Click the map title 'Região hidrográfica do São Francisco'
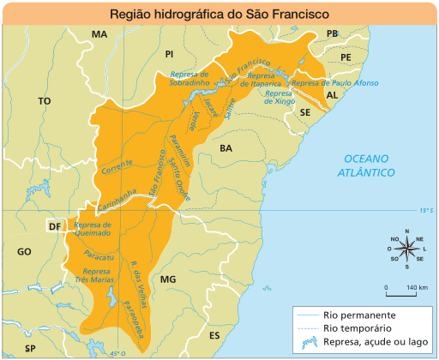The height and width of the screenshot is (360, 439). click(219, 15)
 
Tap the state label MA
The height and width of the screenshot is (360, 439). click(99, 34)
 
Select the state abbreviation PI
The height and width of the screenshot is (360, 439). click(169, 53)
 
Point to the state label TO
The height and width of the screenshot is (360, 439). click(45, 100)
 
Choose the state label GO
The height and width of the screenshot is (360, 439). click(24, 251)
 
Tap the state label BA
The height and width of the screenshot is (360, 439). click(226, 148)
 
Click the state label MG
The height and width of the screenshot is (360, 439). click(167, 279)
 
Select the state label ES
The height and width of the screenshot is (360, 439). click(214, 334)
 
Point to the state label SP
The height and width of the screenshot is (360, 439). click(30, 348)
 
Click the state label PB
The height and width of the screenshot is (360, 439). click(333, 34)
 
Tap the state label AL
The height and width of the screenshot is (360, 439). click(332, 95)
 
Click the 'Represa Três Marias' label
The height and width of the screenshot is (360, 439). click(93, 275)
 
